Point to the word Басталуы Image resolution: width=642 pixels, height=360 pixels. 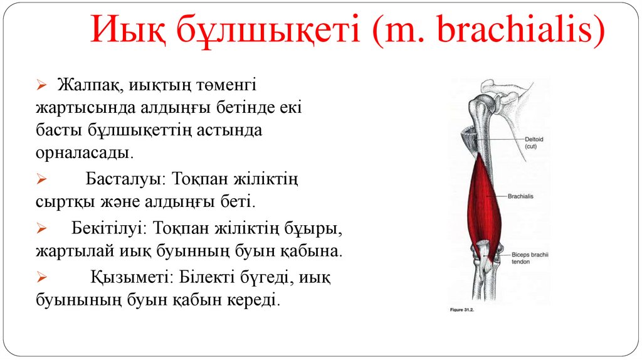point(122,180)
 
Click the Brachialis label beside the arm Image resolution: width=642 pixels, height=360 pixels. point(523,196)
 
